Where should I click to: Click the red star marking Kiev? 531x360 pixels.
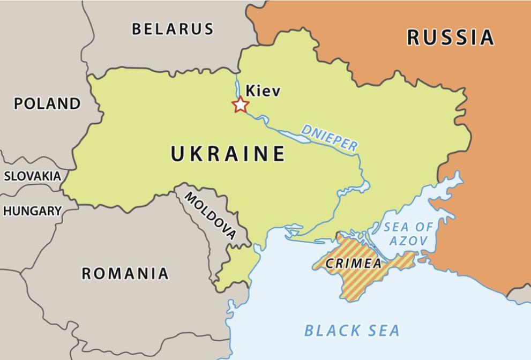point(240,105)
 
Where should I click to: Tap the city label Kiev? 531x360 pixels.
point(263,91)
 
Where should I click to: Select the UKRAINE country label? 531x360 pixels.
point(228,154)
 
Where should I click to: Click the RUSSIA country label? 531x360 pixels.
point(450,37)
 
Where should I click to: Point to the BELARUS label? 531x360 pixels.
point(173,29)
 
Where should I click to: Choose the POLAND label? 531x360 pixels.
point(47,103)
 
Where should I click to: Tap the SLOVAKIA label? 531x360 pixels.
point(32,176)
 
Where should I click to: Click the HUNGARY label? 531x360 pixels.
point(32,211)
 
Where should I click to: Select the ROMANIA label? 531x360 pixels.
point(125,274)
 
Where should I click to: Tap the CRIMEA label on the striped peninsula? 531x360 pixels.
point(354,264)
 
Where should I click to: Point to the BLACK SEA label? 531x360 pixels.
point(352,331)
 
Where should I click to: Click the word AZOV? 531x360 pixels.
point(408,242)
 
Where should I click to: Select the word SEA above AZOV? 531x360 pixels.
point(395,227)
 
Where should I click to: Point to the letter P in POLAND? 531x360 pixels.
point(19,103)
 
